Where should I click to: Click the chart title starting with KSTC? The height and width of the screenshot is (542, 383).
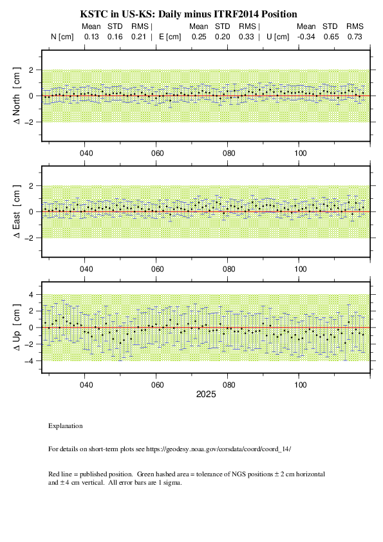pyautogui.click(x=189, y=14)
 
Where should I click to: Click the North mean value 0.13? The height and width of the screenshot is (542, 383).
pyautogui.click(x=91, y=37)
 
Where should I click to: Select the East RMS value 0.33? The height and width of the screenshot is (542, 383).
pyautogui.click(x=246, y=37)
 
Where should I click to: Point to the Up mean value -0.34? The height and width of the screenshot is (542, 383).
pyautogui.click(x=306, y=37)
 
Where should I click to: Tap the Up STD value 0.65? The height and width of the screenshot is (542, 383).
pyautogui.click(x=331, y=37)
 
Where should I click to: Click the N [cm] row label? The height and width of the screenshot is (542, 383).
pyautogui.click(x=62, y=37)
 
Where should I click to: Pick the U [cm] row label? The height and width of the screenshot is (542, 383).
pyautogui.click(x=278, y=37)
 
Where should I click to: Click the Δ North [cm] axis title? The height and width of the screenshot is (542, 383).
pyautogui.click(x=17, y=96)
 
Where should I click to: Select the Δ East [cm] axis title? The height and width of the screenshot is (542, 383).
pyautogui.click(x=17, y=212)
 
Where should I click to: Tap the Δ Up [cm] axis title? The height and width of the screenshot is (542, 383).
pyautogui.click(x=17, y=328)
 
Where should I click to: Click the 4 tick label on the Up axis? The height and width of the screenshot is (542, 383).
pyautogui.click(x=31, y=295)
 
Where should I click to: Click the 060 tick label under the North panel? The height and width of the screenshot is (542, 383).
pyautogui.click(x=157, y=153)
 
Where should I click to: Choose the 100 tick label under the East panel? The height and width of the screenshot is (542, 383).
pyautogui.click(x=301, y=269)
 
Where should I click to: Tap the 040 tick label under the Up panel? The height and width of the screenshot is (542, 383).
pyautogui.click(x=86, y=385)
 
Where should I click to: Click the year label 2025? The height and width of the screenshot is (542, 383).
pyautogui.click(x=206, y=395)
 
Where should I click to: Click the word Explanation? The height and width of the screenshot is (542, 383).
pyautogui.click(x=65, y=426)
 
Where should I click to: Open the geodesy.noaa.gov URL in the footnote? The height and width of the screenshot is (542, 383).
pyautogui.click(x=218, y=449)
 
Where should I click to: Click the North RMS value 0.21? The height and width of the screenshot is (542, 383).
pyautogui.click(x=138, y=37)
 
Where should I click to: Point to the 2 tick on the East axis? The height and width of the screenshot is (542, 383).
pyautogui.click(x=31, y=186)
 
